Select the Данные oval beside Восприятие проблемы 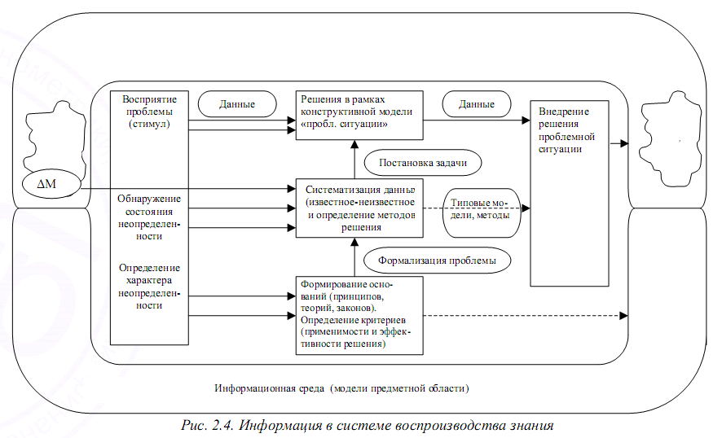tap(237, 104)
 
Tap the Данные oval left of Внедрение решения tap(477, 104)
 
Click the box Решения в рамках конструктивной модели tap(359, 113)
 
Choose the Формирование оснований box tap(359, 315)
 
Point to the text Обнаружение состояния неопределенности tap(150, 217)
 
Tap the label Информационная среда tap(268, 388)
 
